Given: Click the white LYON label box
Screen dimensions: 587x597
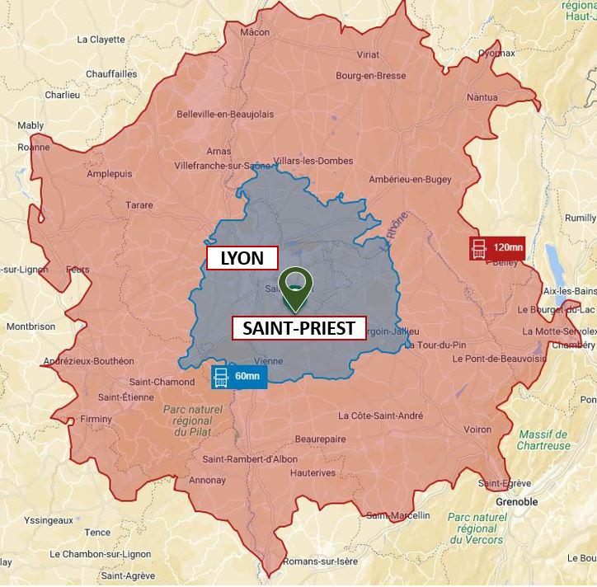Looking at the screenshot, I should [242, 258].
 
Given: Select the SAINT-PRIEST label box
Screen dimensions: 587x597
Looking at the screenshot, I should [298, 328].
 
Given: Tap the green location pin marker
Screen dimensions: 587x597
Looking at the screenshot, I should [295, 285].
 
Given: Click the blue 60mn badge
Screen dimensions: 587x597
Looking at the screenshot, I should [238, 377].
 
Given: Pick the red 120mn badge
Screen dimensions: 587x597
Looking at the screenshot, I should [497, 247].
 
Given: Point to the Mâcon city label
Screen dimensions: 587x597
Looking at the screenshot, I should [255, 32].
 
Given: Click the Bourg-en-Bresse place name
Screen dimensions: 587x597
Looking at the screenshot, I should [370, 76].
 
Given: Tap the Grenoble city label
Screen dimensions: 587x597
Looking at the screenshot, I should [516, 501].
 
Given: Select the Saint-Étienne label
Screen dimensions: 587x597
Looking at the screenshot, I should [121, 397].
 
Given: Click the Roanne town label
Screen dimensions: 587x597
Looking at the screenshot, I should [34, 147].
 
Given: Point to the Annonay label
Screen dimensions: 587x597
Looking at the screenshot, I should [206, 479].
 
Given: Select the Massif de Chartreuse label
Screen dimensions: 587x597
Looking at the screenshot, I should [543, 440].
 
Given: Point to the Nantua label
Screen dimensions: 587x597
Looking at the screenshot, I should [482, 97].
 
